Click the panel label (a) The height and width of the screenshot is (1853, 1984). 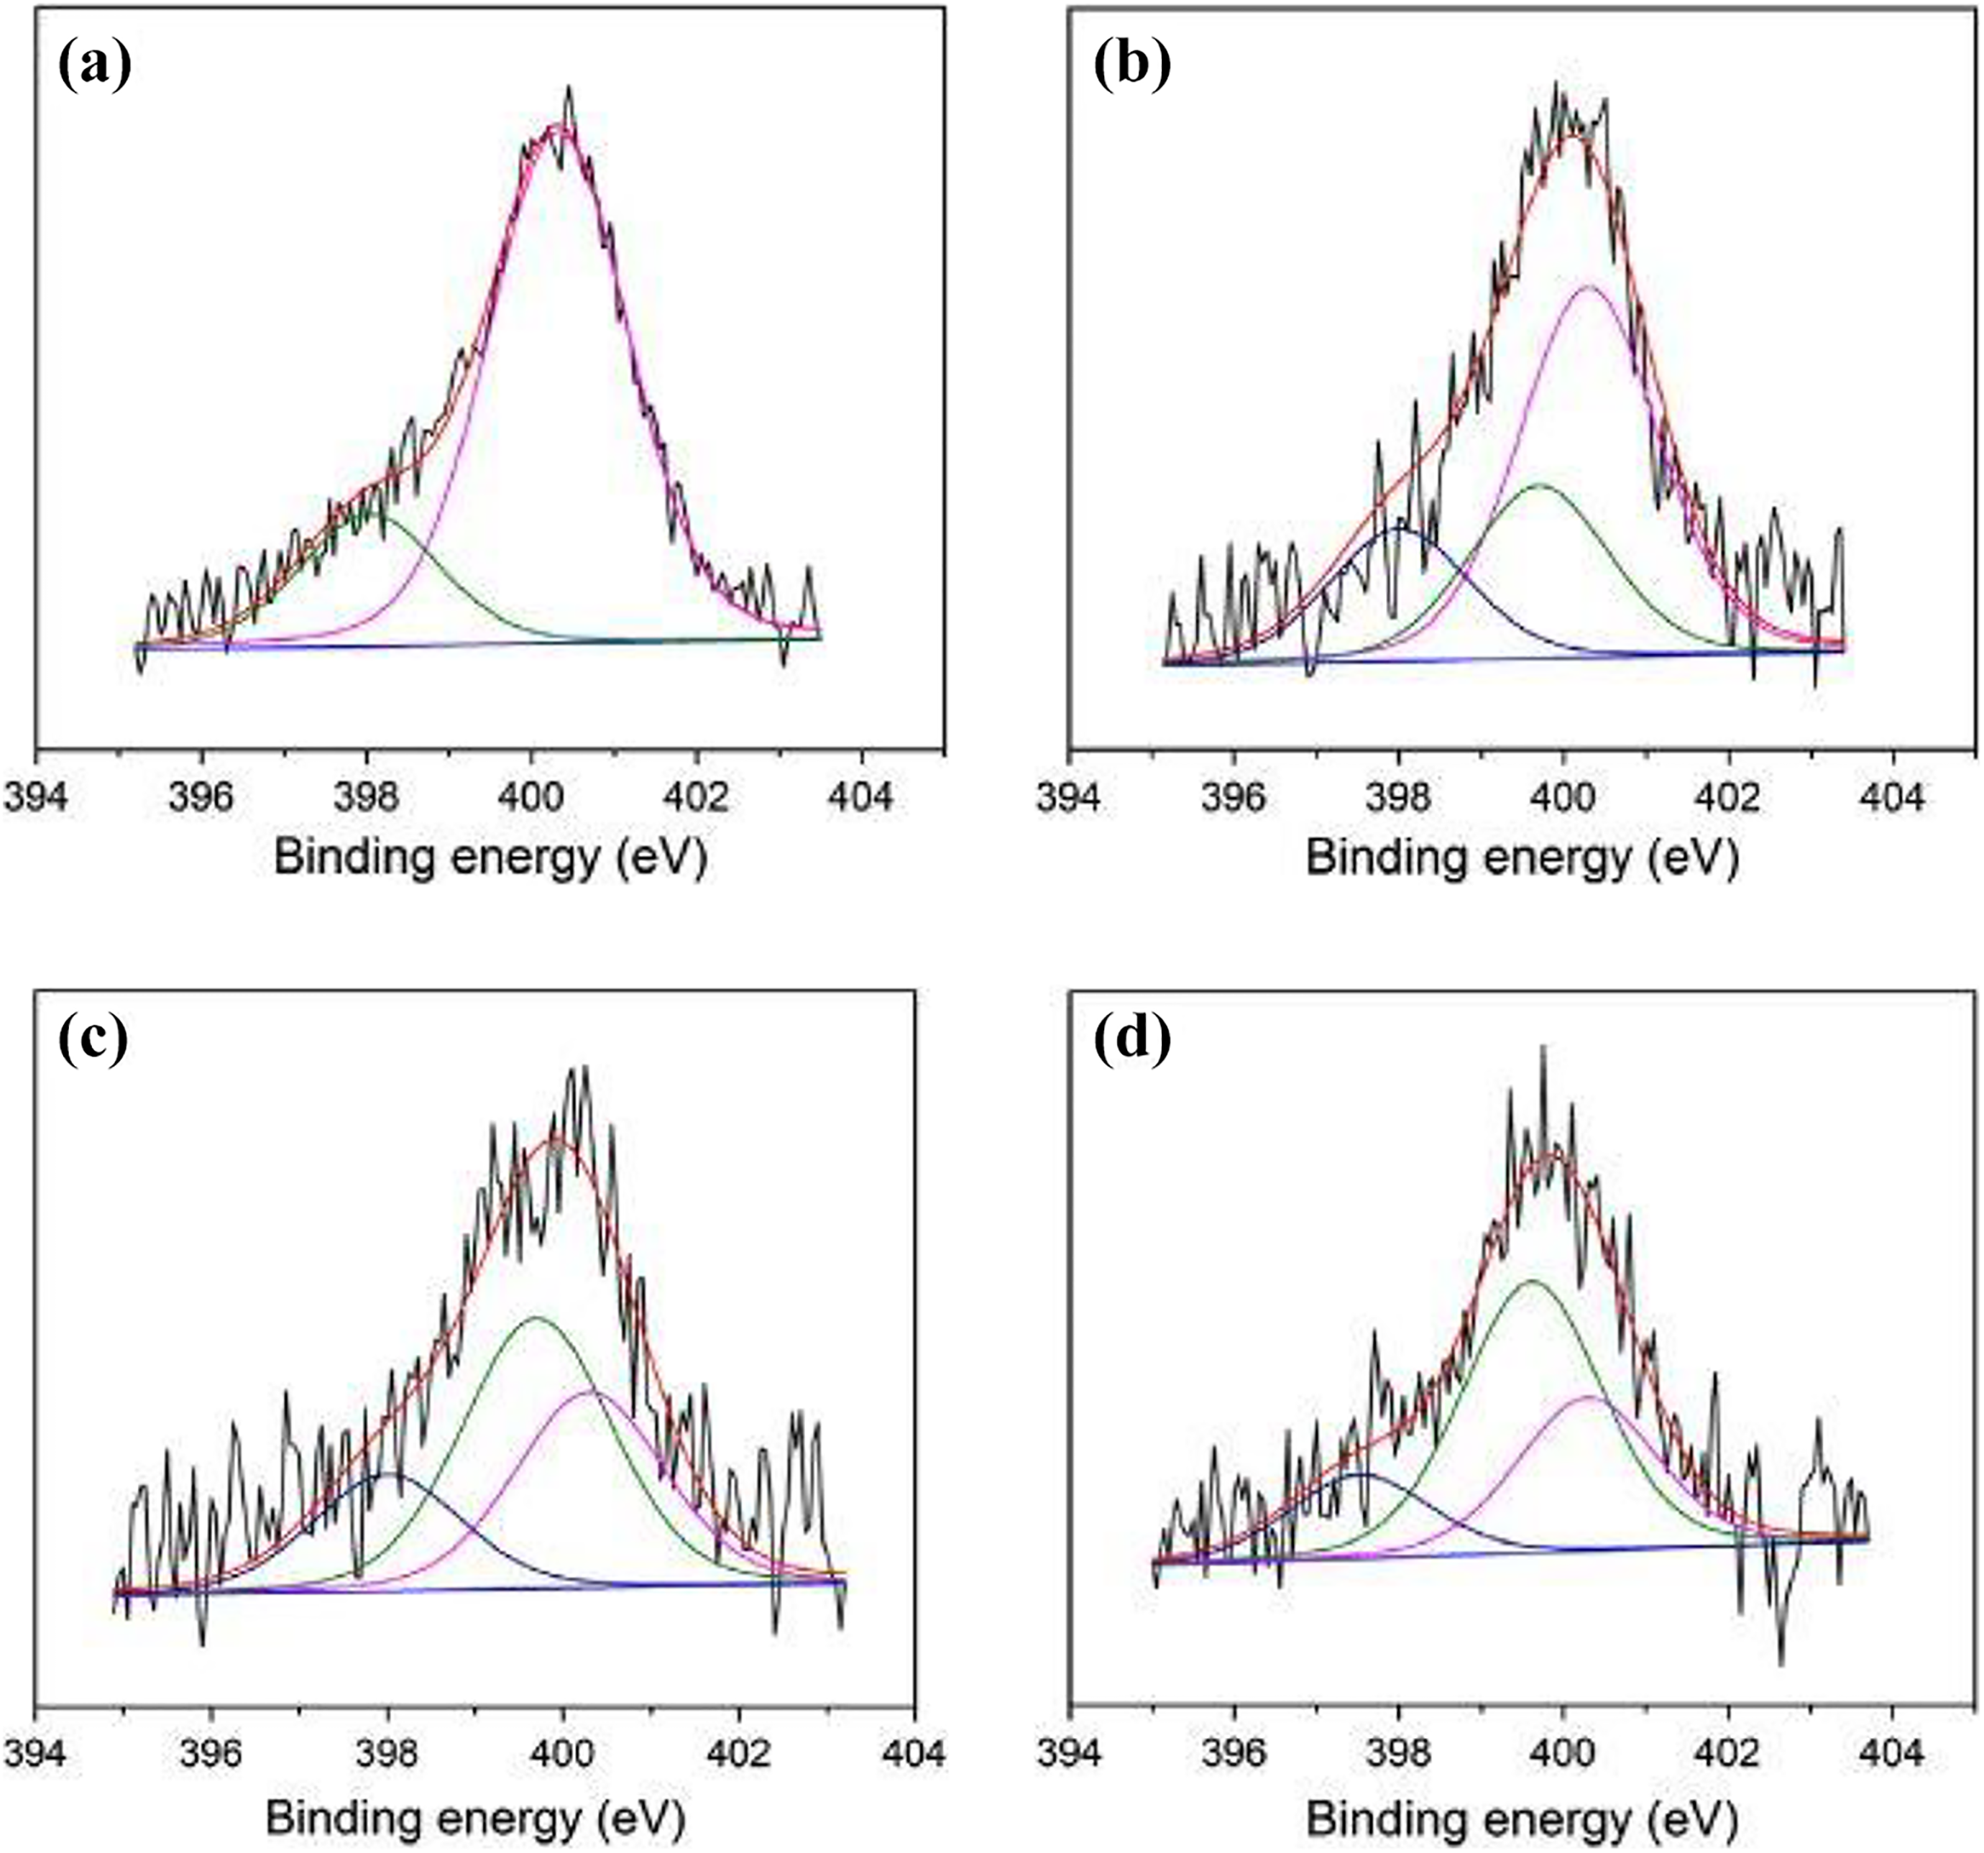[95, 68]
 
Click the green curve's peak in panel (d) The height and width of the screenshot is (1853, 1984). [1531, 1280]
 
